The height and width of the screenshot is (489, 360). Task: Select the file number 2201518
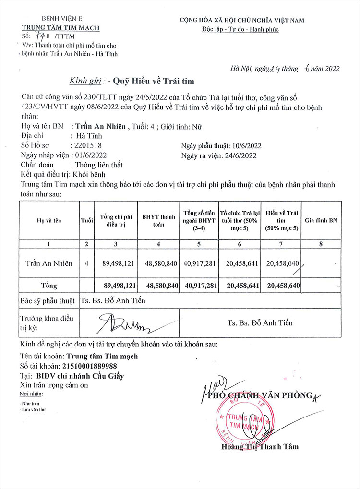(86, 145)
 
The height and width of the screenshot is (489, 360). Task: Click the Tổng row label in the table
(49, 286)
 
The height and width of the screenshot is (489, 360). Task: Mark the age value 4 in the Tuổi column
(86, 263)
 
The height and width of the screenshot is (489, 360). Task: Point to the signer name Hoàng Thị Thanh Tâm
(260, 446)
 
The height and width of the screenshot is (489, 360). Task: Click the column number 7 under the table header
(282, 244)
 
